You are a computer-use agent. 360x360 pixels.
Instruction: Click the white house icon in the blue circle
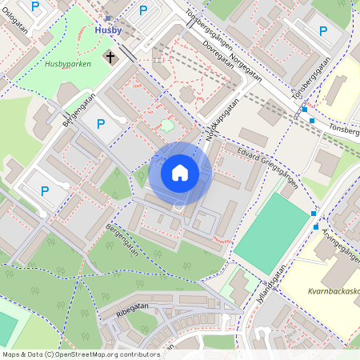point(180,173)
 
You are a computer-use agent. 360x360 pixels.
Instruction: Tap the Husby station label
point(108,30)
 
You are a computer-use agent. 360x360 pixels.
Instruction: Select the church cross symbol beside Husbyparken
point(110,57)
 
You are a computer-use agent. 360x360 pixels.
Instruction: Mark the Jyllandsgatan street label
point(272,280)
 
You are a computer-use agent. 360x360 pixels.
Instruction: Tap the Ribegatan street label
point(133,310)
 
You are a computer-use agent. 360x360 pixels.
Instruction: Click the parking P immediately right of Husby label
point(143,10)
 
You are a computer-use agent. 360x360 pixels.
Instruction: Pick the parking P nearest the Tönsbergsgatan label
point(323,31)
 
